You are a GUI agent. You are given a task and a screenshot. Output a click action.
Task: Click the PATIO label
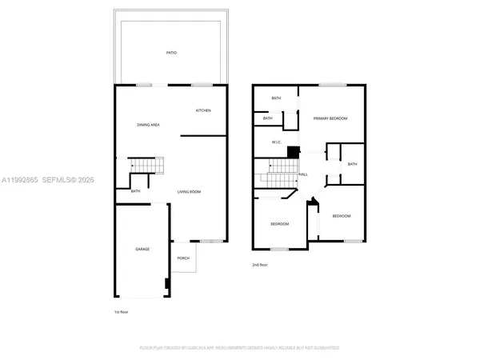tap(172, 53)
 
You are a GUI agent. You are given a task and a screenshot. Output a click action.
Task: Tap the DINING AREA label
tap(150, 125)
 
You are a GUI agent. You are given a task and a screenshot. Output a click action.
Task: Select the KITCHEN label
tap(203, 110)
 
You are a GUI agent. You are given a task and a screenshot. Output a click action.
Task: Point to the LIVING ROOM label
tap(189, 192)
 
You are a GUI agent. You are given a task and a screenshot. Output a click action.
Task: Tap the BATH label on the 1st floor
tap(136, 191)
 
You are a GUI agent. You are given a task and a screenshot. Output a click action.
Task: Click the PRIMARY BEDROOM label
tap(330, 118)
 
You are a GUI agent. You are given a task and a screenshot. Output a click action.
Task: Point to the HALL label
tap(303, 174)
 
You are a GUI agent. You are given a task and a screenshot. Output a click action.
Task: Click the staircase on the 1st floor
tap(147, 166)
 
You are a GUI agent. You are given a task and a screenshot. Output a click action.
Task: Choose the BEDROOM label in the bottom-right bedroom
tap(342, 216)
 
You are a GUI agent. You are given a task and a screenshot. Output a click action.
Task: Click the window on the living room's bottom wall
tap(210, 241)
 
